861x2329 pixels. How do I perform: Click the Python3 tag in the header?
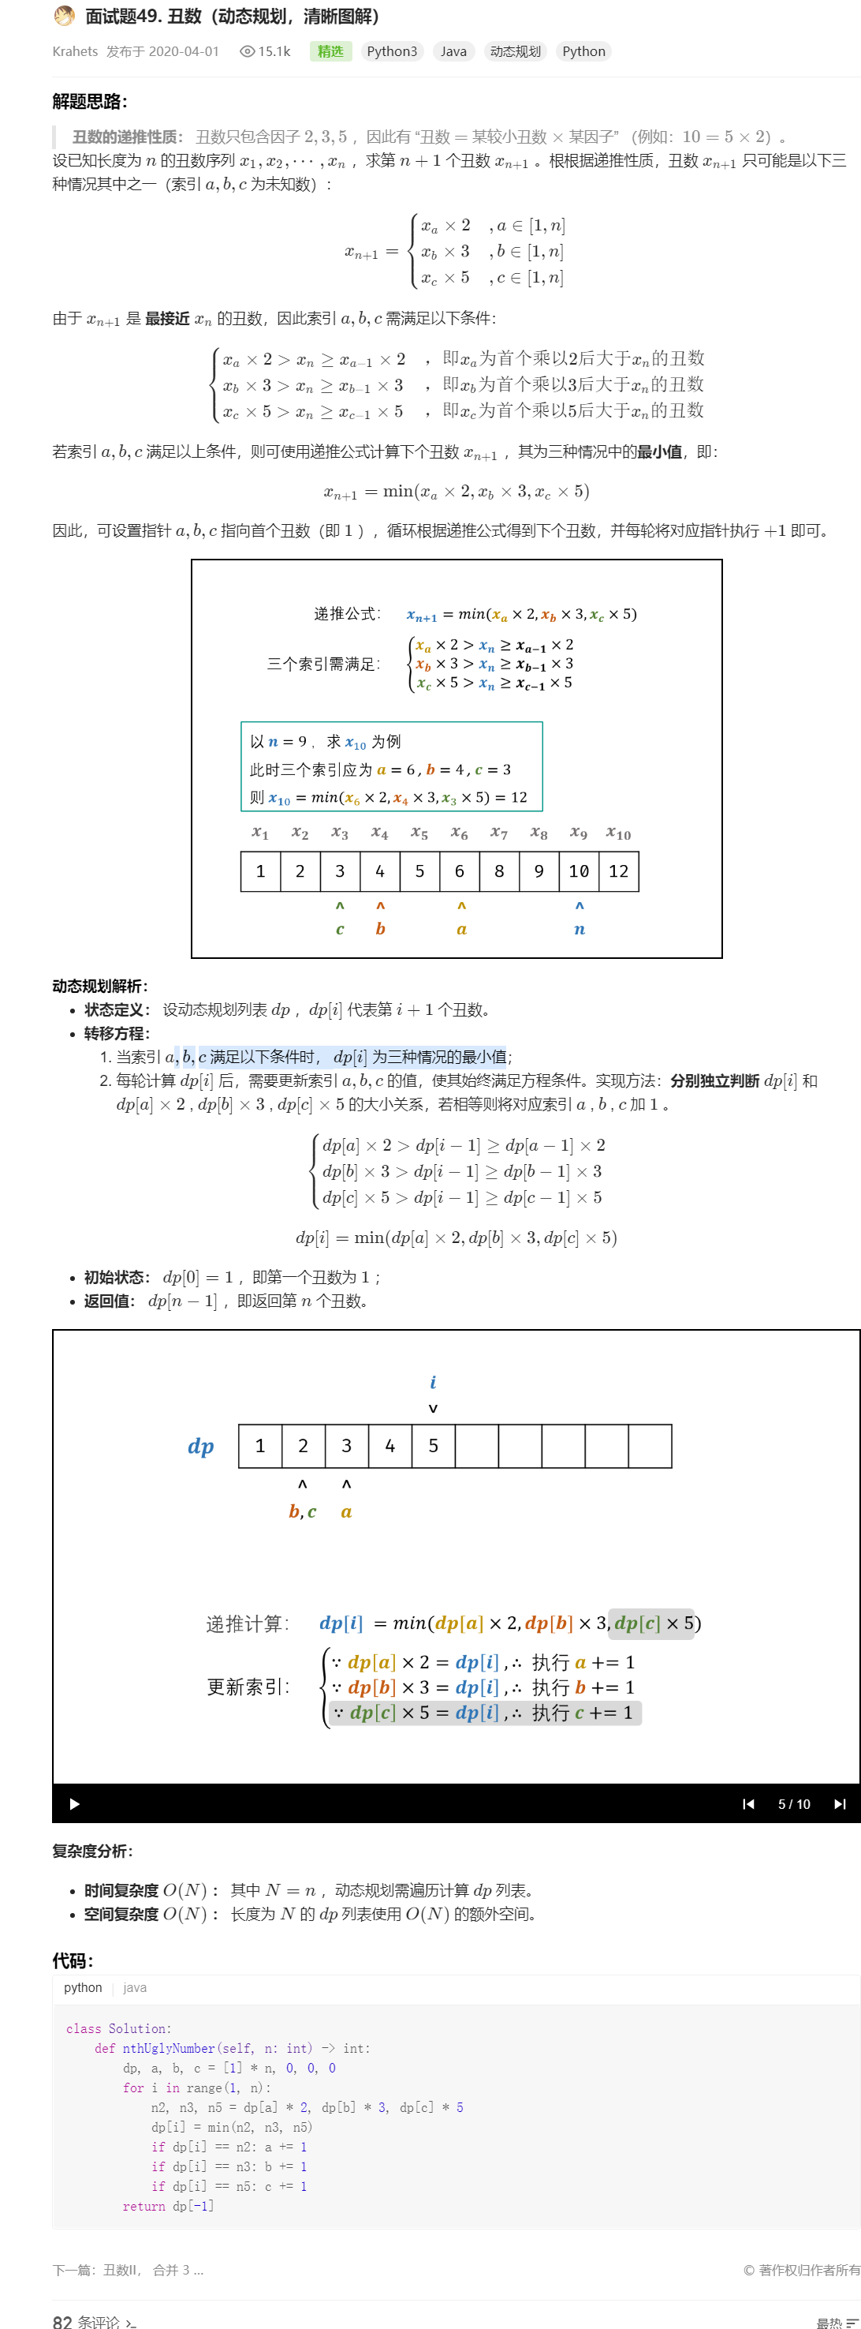391,51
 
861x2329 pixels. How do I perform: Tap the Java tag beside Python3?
453,51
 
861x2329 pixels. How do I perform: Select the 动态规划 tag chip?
515,51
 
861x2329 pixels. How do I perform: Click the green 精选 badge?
330,51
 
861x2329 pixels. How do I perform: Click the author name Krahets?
75,51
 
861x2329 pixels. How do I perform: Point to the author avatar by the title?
64,17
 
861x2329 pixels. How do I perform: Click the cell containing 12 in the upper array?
618,871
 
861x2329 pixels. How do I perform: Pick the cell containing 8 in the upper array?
499,871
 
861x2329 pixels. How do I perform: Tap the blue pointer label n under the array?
579,929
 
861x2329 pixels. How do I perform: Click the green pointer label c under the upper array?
340,929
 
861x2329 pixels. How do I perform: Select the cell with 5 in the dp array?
433,1446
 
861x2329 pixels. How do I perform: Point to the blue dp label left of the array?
200,1446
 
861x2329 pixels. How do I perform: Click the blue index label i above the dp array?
433,1381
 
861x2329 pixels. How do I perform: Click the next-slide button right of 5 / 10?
839,1803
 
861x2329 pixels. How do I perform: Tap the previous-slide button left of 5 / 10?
748,1803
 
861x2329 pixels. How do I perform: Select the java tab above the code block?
135,1987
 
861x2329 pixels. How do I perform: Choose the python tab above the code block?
83,1987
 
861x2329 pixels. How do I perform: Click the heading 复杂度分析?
92,1851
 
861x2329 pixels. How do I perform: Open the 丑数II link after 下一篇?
121,2269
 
